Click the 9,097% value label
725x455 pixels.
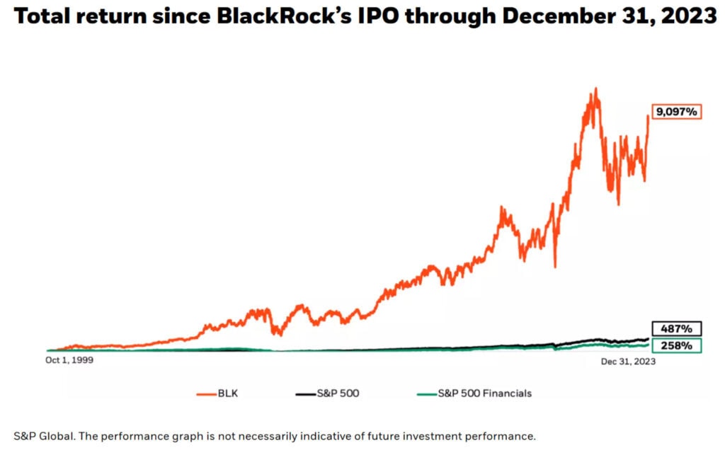[x=676, y=112]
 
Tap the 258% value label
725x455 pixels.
[x=676, y=346]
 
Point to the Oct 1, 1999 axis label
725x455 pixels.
[x=69, y=360]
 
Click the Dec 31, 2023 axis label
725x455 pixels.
[x=628, y=361]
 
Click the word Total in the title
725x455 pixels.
[x=43, y=17]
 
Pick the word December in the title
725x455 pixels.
[x=559, y=17]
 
